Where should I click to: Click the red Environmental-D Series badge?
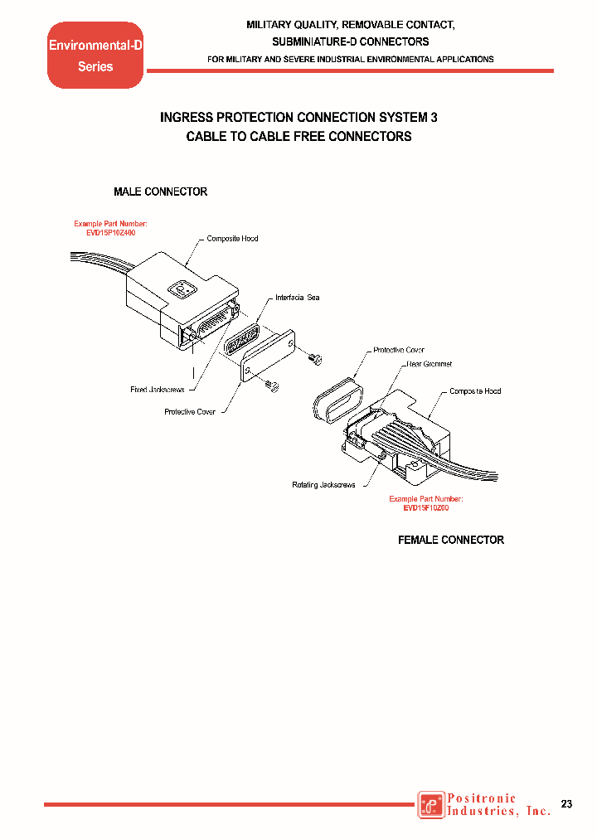pyautogui.click(x=95, y=56)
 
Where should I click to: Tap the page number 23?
pyautogui.click(x=567, y=804)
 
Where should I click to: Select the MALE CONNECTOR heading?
pyautogui.click(x=160, y=192)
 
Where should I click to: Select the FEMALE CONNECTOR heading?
pyautogui.click(x=451, y=540)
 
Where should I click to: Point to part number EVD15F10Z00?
pyautogui.click(x=425, y=507)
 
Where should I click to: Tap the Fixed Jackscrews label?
pyautogui.click(x=157, y=389)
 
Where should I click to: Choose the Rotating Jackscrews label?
pyautogui.click(x=323, y=484)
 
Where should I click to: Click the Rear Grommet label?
pyautogui.click(x=429, y=364)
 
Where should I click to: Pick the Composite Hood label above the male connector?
pyautogui.click(x=232, y=239)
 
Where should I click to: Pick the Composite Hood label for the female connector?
pyautogui.click(x=475, y=390)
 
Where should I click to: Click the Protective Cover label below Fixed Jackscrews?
pyautogui.click(x=190, y=412)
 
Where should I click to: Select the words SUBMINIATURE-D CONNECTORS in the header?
pyautogui.click(x=351, y=41)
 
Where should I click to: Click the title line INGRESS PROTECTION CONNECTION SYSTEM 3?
pyautogui.click(x=298, y=118)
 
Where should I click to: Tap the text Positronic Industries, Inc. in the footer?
pyautogui.click(x=498, y=805)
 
